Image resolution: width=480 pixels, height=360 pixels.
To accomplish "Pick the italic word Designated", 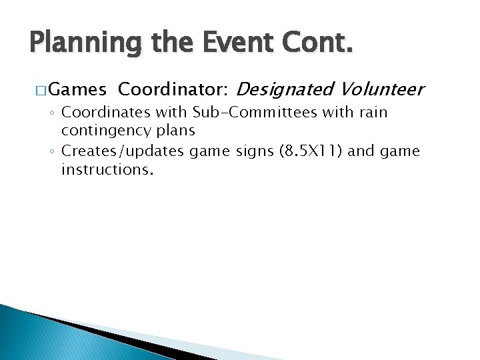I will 285,89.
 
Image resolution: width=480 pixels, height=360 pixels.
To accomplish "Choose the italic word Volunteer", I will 381,89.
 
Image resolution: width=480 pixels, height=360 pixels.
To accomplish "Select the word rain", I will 371,113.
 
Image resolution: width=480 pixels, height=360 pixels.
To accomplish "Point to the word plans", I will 176,131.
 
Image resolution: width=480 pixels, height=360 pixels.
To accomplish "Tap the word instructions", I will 107,169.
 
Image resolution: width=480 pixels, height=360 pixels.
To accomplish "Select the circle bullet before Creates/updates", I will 52,152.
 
